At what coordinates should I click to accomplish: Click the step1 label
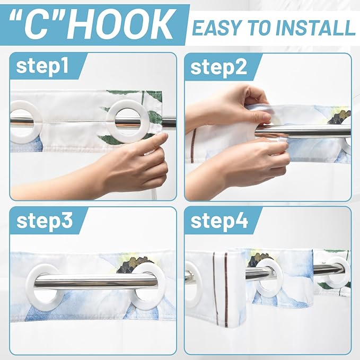coord(42,66)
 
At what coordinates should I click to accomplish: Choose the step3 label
coord(45,221)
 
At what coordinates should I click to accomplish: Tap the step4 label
coord(219,221)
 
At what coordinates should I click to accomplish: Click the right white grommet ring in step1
coord(128,121)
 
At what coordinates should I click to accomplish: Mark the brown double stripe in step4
coord(220,287)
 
